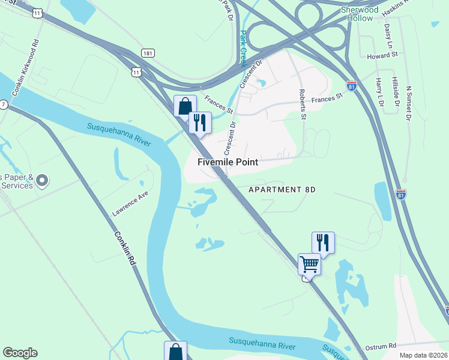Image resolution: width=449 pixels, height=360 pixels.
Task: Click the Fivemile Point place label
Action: coord(228,162)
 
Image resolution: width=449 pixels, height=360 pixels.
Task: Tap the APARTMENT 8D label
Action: coord(282,190)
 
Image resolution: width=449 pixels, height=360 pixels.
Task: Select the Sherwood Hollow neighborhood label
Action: coord(360,14)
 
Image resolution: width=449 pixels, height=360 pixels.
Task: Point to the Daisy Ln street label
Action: coord(388,37)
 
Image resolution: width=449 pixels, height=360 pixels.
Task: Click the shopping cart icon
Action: coord(309,263)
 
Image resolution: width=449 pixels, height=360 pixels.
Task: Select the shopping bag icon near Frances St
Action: coord(185,106)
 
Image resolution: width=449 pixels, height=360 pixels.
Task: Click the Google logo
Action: coord(20,353)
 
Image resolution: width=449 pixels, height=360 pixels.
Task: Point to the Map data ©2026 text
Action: coord(424,355)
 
